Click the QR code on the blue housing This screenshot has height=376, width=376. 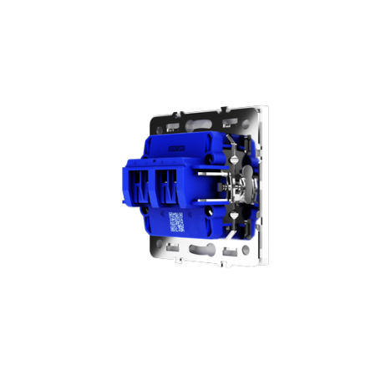tap(176, 221)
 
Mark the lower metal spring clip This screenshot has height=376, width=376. tap(232, 217)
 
